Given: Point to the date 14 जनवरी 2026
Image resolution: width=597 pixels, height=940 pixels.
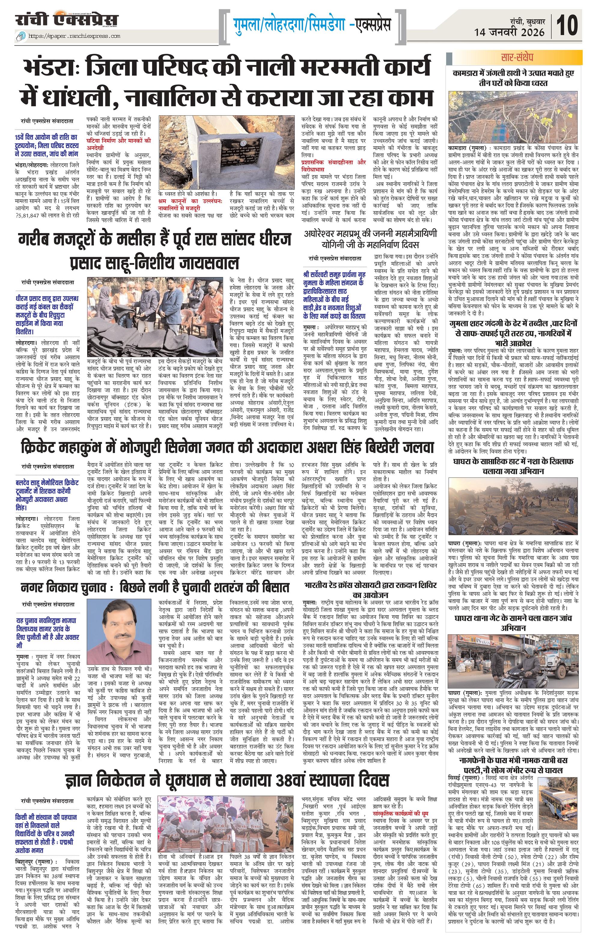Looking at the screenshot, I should pyautogui.click(x=509, y=32).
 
